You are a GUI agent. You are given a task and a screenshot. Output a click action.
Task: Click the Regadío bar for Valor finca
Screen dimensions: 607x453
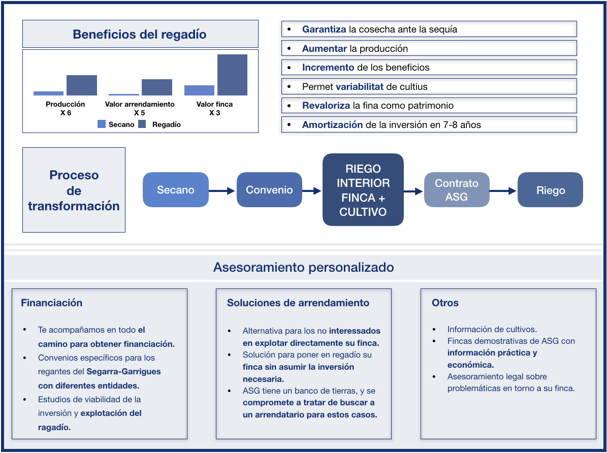[232, 75]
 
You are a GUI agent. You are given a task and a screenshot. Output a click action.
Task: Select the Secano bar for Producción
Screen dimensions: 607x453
[48, 93]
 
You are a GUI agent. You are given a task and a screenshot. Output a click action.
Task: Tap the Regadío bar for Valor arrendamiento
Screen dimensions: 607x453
[157, 87]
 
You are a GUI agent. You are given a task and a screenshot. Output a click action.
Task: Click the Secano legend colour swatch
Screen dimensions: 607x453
[102, 124]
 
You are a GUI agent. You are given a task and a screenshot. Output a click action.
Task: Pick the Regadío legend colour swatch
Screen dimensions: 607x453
[142, 124]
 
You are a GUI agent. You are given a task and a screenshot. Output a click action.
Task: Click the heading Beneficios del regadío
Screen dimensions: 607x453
[139, 35]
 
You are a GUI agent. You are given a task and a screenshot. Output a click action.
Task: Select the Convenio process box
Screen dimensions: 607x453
[269, 190]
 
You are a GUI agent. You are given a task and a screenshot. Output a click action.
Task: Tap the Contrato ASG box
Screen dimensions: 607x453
[457, 190]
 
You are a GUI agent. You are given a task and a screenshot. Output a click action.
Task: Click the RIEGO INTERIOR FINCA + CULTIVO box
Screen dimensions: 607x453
[363, 190]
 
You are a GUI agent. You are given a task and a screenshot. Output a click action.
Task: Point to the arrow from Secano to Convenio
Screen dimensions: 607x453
[222, 190]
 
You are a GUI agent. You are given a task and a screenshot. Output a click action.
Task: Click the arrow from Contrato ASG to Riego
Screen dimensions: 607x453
[503, 190]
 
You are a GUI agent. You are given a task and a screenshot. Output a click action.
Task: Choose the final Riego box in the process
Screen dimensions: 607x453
[551, 190]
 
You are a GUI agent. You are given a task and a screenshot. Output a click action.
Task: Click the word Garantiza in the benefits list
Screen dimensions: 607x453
[324, 29]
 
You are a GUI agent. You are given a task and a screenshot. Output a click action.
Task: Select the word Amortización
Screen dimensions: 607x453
[333, 124]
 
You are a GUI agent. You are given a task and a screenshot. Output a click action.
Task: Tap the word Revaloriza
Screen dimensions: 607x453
[326, 106]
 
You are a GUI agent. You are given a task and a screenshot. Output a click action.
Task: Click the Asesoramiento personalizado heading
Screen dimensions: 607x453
[304, 267]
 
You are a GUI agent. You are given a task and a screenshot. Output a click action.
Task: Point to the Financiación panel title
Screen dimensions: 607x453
[51, 303]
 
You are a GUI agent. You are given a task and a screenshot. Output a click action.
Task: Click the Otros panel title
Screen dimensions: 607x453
[445, 303]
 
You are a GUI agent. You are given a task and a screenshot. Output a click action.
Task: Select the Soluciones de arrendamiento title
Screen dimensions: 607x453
[298, 303]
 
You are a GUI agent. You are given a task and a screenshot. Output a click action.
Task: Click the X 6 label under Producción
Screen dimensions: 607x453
[66, 113]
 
